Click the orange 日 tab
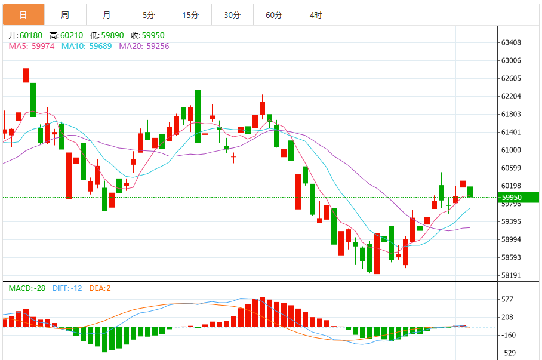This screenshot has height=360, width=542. [23, 15]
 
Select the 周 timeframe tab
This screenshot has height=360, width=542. [65, 15]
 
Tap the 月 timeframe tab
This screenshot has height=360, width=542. [107, 15]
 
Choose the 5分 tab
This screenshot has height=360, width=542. [149, 15]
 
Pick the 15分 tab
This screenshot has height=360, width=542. [190, 15]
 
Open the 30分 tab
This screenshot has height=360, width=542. [232, 15]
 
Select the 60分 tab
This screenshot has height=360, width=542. [274, 15]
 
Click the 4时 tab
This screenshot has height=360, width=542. [316, 15]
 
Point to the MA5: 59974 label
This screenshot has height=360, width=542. [32, 45]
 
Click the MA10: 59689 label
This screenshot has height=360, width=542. [87, 45]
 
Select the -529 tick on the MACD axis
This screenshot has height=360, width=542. [510, 353]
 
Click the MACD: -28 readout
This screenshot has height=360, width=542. [27, 288]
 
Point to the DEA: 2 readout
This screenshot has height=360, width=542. [100, 288]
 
